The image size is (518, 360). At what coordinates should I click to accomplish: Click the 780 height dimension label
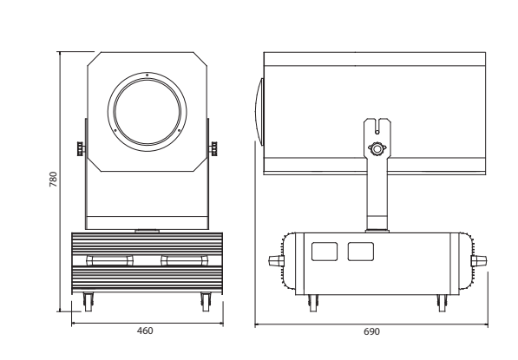pyautogui.click(x=53, y=179)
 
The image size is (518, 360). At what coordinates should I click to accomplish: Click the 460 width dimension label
pyautogui.click(x=145, y=331)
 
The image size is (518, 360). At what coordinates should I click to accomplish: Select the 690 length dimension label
pyautogui.click(x=371, y=331)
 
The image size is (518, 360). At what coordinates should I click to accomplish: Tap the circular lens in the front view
pyautogui.click(x=147, y=112)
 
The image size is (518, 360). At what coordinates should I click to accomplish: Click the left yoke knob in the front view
pyautogui.click(x=81, y=148)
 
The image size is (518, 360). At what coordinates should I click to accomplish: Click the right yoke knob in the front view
pyautogui.click(x=213, y=148)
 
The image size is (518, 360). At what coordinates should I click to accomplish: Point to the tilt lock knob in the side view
pyautogui.click(x=377, y=149)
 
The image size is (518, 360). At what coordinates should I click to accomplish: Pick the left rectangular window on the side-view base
pyautogui.click(x=325, y=252)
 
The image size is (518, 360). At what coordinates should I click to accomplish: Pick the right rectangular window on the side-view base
pyautogui.click(x=361, y=252)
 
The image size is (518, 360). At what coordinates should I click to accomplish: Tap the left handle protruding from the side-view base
pyautogui.click(x=277, y=260)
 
